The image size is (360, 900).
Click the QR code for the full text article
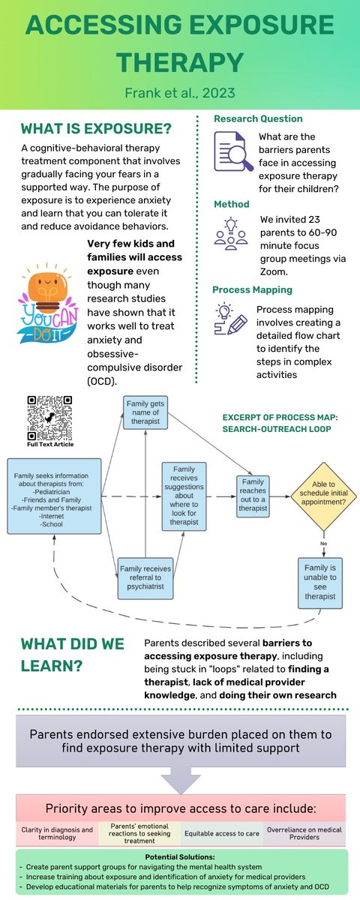[x=49, y=416]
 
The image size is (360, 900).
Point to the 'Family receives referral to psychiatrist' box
[x=145, y=578]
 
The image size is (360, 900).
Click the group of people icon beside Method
[x=230, y=233]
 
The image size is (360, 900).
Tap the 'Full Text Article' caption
[x=50, y=444]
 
